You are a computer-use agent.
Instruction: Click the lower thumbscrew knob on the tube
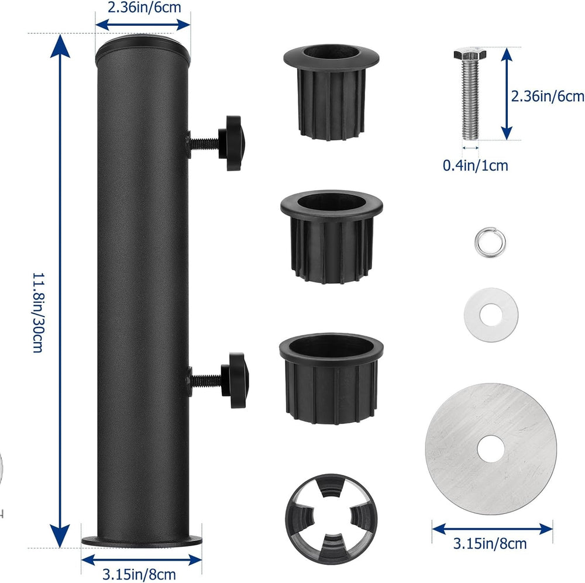pyautogui.click(x=235, y=380)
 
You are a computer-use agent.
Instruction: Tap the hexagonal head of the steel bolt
pyautogui.click(x=470, y=54)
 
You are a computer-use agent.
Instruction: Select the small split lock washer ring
pyautogui.click(x=490, y=243)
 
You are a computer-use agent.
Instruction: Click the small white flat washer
pyautogui.click(x=491, y=315)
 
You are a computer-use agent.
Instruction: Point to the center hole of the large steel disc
pyautogui.click(x=491, y=449)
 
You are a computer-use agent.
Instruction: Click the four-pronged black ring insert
pyautogui.click(x=331, y=519)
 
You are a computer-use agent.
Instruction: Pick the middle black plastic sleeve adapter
pyautogui.click(x=331, y=237)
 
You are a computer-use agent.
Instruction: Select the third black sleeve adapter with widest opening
pyautogui.click(x=331, y=378)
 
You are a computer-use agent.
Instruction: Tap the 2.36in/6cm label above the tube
pyautogui.click(x=144, y=8)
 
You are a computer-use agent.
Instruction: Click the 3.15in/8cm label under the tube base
pyautogui.click(x=139, y=574)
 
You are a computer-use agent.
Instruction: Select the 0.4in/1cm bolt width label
pyautogui.click(x=475, y=165)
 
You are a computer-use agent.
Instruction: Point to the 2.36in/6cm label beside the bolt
pyautogui.click(x=548, y=96)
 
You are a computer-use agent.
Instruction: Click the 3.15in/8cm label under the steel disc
pyautogui.click(x=490, y=543)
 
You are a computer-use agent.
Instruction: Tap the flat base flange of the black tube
pyautogui.click(x=142, y=540)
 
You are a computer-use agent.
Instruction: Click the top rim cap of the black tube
pyautogui.click(x=143, y=46)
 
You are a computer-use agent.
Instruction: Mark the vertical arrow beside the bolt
pyautogui.click(x=506, y=94)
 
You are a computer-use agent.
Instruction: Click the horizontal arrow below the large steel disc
pyautogui.click(x=493, y=529)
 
